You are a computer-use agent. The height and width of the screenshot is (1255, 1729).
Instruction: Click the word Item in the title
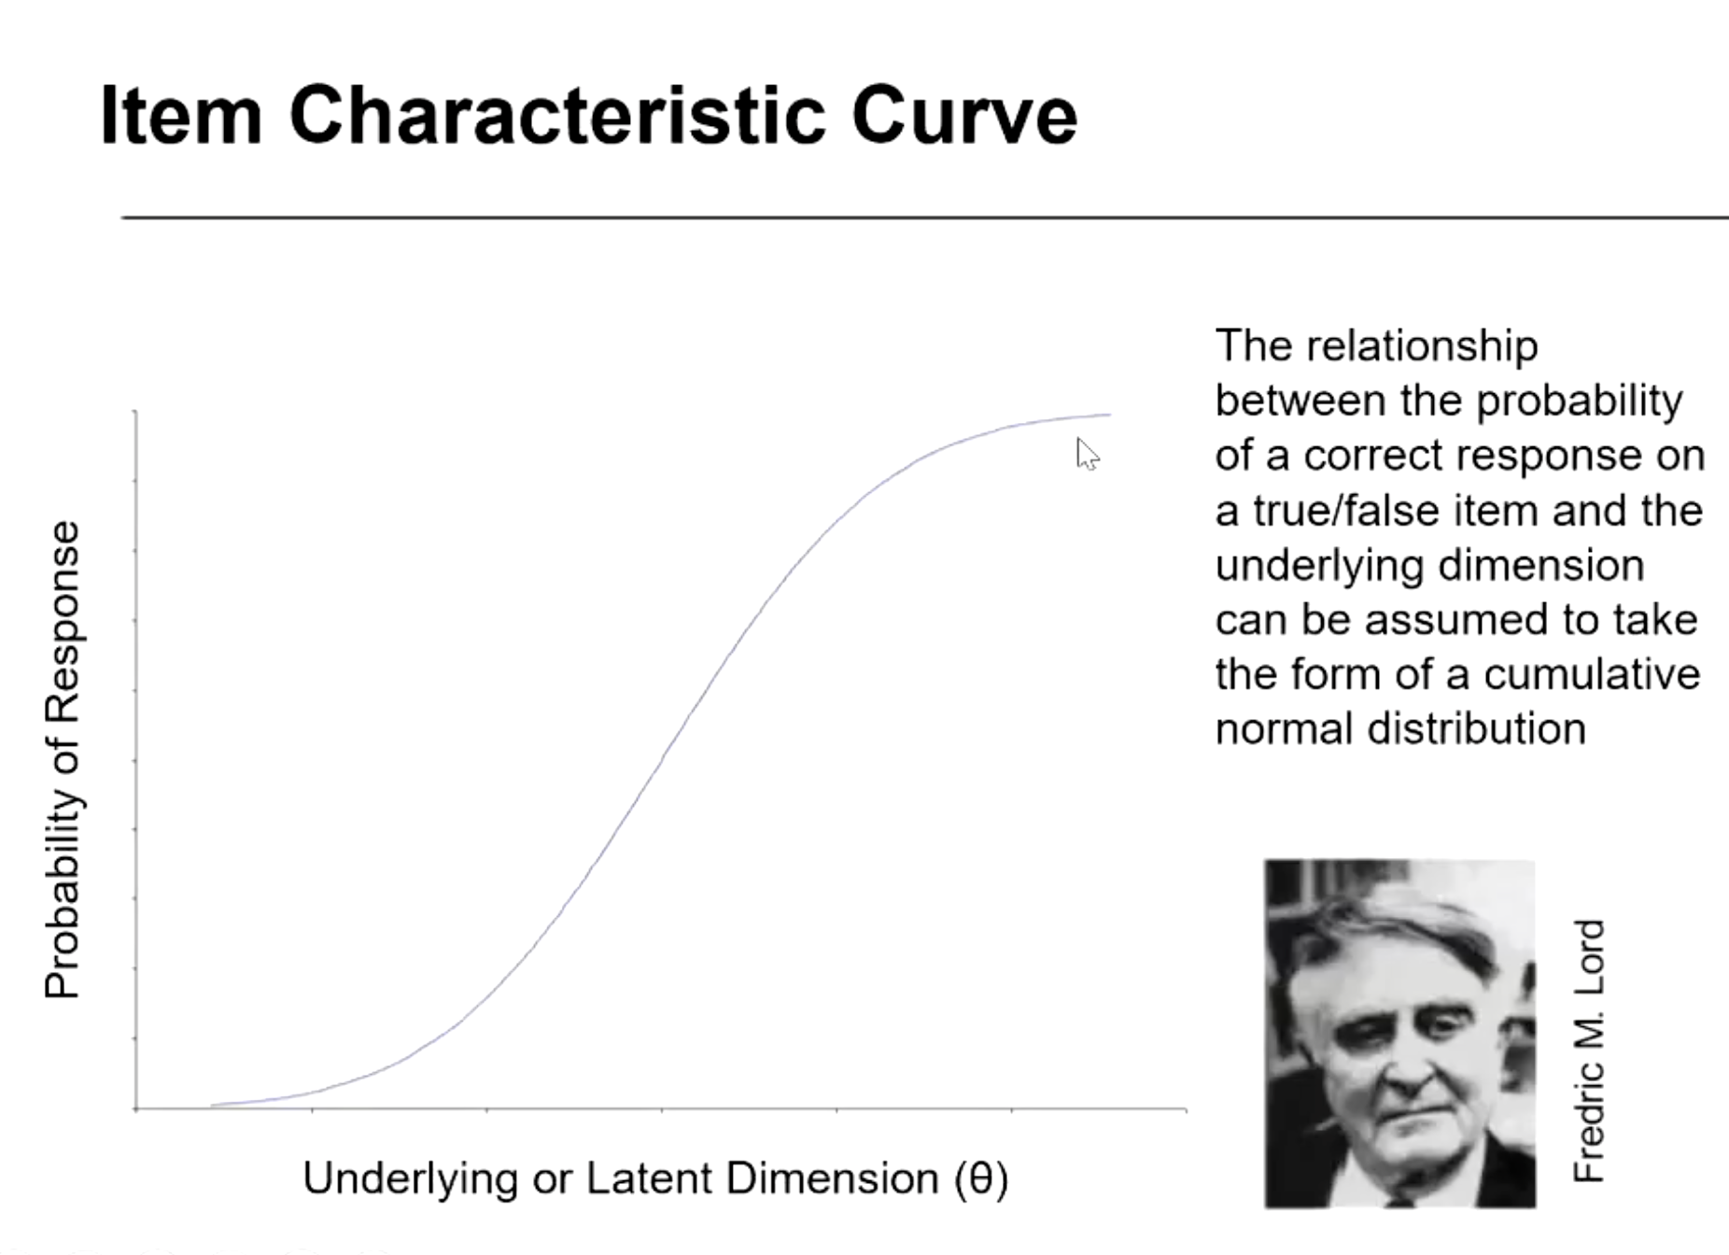[x=181, y=115]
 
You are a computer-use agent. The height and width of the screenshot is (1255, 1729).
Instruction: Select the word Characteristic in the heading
[x=557, y=115]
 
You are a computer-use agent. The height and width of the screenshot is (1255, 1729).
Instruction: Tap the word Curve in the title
[x=964, y=115]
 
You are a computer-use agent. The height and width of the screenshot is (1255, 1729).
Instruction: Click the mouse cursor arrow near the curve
[x=1088, y=454]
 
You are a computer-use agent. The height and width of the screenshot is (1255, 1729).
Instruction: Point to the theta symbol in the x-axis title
[x=980, y=1177]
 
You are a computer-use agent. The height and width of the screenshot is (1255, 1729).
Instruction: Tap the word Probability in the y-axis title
[x=63, y=895]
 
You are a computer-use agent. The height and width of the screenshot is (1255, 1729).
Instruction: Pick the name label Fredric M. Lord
[x=1588, y=1051]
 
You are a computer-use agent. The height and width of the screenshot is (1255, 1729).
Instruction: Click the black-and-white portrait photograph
[x=1399, y=1034]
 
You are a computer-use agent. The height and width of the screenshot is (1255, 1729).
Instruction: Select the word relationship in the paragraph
[x=1422, y=347]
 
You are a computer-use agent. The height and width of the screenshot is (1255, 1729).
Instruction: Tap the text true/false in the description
[x=1342, y=511]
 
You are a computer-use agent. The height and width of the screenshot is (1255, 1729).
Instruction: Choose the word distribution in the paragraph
[x=1477, y=729]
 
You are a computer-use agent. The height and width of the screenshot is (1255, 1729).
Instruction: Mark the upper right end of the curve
[x=1110, y=414]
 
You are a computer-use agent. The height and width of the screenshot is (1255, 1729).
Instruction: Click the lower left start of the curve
[x=212, y=1105]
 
